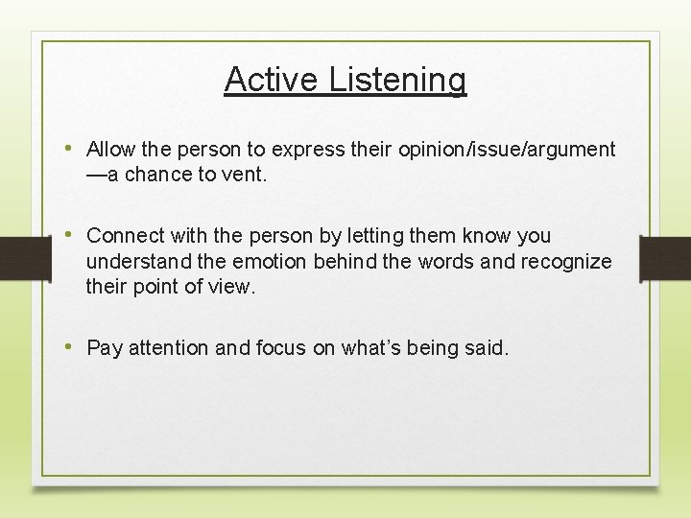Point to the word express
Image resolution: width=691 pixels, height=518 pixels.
pos(303,151)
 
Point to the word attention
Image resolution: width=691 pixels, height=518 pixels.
pos(169,348)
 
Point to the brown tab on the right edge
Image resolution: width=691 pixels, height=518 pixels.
pos(667,257)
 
